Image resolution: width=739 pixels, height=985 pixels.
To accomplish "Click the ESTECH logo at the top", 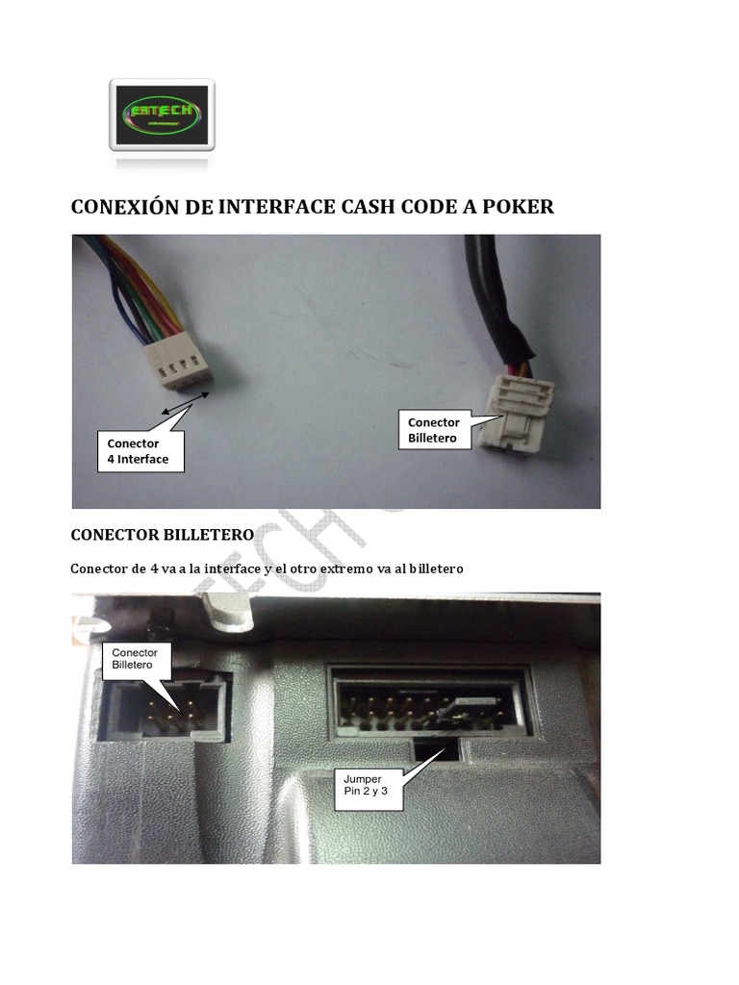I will pos(162,114).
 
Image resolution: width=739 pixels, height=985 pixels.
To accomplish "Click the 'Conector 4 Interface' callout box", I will pos(138,451).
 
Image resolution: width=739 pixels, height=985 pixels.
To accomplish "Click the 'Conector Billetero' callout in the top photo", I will pos(434,430).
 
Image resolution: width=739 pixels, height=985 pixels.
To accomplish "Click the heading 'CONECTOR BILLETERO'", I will pos(162,534).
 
